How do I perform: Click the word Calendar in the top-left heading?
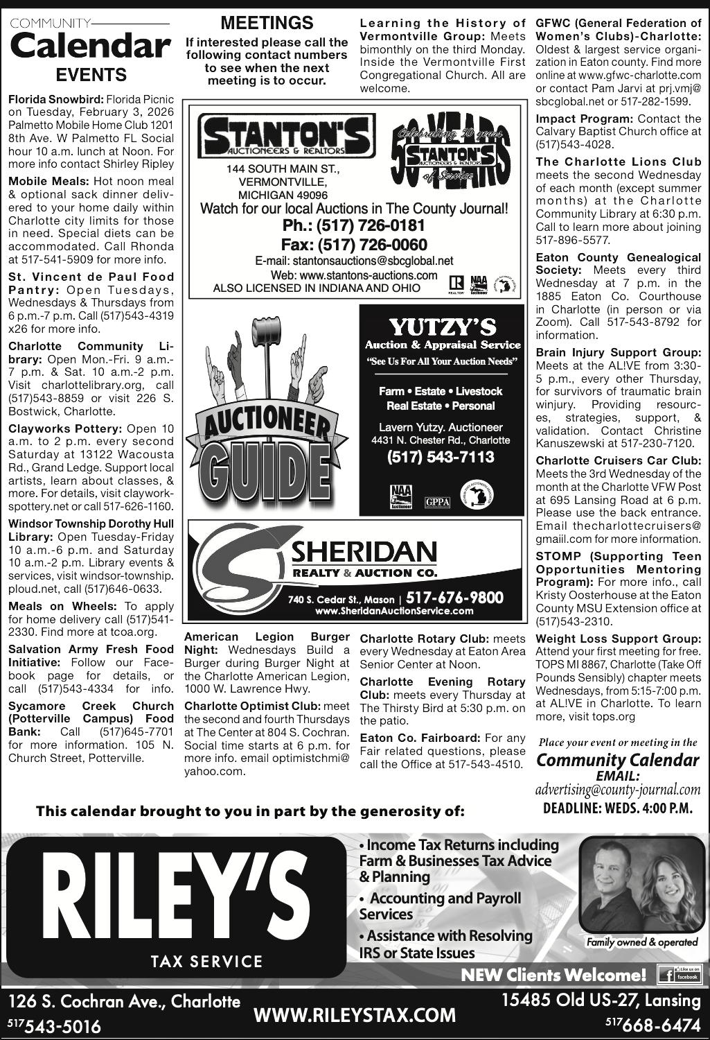90,47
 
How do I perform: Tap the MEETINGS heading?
267,23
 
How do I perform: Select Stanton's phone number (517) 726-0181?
354,226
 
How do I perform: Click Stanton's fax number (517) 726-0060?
354,245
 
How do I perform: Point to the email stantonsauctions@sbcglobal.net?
354,261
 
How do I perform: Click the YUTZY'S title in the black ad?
443,326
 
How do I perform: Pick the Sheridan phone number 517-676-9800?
454,598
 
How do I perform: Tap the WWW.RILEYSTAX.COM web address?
355,1015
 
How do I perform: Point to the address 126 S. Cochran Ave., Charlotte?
125,1001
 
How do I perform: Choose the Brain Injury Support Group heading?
619,352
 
